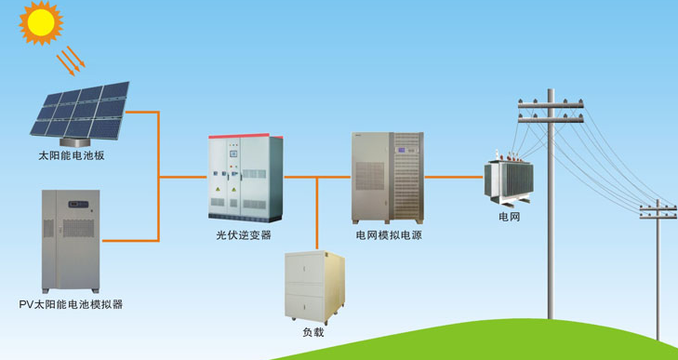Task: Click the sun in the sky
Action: point(41,22)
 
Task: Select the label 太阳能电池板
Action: point(72,155)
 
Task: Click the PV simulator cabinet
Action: point(71,241)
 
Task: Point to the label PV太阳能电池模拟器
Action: point(71,304)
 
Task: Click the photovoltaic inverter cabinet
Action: point(246,178)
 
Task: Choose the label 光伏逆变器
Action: point(244,235)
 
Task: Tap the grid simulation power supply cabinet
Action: point(388,178)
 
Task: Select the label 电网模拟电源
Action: point(389,235)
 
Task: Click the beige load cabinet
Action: point(314,287)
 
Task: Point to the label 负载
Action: point(313,332)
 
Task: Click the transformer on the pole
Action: point(509,179)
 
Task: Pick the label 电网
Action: point(510,217)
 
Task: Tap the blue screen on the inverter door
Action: point(234,153)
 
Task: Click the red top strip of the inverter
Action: point(246,137)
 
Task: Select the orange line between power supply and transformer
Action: point(453,177)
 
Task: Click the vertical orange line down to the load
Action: point(317,213)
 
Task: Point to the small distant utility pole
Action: point(658,269)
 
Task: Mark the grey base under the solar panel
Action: point(74,142)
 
